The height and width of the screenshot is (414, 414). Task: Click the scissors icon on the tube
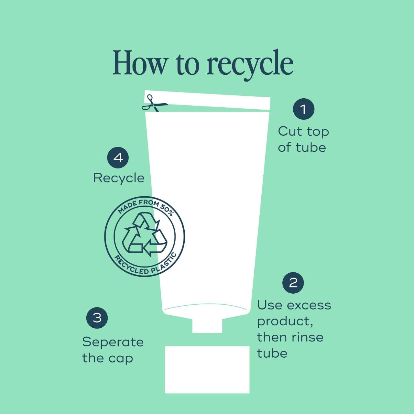coord(154,104)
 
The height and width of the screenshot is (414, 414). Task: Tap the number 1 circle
coord(304,109)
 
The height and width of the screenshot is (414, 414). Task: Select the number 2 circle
coord(293,283)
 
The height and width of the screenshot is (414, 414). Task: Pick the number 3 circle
coord(97,318)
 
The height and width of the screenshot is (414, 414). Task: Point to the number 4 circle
coord(118,158)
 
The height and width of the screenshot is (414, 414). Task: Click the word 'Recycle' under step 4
coord(119,179)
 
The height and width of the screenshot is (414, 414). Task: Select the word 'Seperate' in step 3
coord(113,342)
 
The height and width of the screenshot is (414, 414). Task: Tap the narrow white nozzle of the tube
coord(207,325)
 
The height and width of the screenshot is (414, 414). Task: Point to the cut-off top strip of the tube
coord(207,100)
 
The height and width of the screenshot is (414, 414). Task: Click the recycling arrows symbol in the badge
coord(145,234)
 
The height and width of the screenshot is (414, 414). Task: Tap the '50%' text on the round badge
coord(167,210)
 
